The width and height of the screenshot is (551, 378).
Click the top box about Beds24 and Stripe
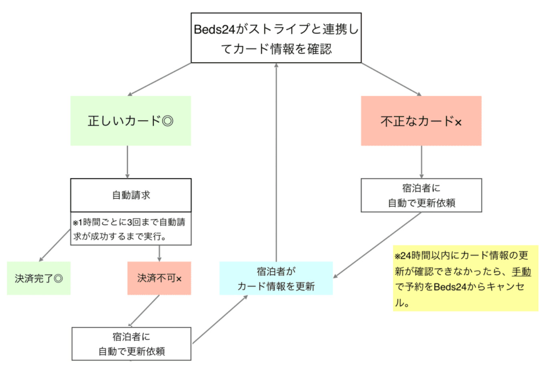point(276,38)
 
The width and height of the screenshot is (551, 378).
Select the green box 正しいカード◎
point(130,121)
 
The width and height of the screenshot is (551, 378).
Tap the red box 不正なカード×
point(421,121)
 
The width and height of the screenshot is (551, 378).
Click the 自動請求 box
point(131,195)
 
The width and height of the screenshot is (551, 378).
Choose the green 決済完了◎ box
point(38,278)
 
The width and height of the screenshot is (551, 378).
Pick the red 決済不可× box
point(159,278)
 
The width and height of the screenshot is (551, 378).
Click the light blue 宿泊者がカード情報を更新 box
point(276,279)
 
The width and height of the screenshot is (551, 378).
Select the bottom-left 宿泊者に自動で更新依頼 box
point(131,344)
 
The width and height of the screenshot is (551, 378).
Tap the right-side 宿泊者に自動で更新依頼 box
point(421,195)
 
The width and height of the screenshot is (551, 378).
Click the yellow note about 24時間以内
point(465,279)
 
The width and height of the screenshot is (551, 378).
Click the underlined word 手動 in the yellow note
point(521,271)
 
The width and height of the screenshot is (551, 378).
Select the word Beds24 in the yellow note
point(450,287)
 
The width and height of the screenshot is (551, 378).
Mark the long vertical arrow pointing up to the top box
point(276,160)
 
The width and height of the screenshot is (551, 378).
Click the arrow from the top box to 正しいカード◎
point(159,79)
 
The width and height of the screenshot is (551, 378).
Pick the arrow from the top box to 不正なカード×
point(391,79)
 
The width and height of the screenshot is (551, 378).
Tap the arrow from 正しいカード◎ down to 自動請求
point(128,162)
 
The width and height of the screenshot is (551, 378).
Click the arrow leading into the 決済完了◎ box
point(55,245)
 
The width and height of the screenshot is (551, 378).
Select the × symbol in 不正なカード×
point(458,122)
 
